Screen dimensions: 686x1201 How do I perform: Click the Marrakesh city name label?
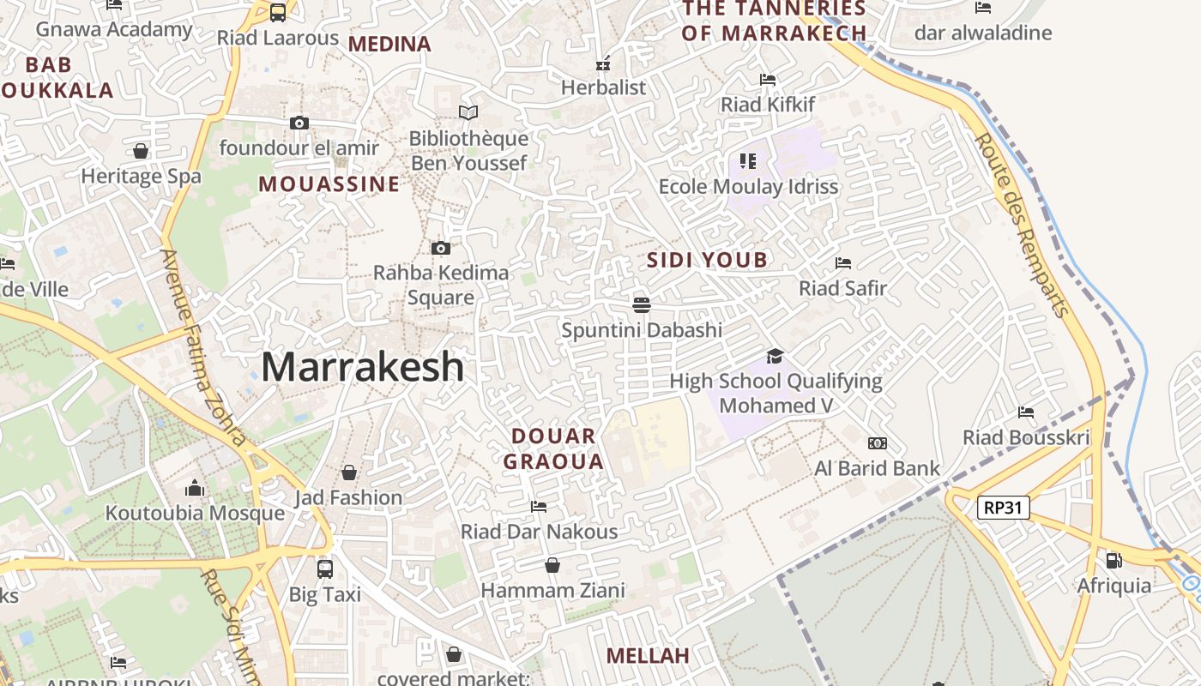pos(362,367)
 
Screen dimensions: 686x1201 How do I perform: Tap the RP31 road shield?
pos(1003,508)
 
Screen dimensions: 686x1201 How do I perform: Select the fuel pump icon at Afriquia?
pos(1113,561)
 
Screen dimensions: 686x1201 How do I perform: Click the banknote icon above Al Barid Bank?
pos(877,443)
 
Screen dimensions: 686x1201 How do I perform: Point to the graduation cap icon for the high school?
pos(776,356)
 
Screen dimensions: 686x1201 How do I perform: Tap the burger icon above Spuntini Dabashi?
pos(641,304)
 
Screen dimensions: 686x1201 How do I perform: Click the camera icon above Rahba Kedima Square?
pos(441,248)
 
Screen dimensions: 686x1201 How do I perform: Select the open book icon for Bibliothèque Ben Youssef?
pos(468,112)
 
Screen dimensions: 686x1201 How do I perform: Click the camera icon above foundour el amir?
pos(299,123)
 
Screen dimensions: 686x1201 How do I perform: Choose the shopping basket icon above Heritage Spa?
pos(141,152)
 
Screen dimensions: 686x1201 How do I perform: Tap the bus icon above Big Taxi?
pos(324,569)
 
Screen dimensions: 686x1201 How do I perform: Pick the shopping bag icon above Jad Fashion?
pos(348,472)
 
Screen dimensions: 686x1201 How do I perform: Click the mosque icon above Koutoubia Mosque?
pos(195,488)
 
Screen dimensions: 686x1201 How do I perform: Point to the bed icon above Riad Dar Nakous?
pos(539,506)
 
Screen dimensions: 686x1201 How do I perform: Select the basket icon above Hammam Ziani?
pos(552,565)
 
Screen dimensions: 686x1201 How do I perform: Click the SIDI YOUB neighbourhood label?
pos(707,260)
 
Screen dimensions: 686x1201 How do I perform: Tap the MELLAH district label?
pos(648,656)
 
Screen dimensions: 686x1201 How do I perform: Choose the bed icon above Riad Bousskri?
pos(1025,412)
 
